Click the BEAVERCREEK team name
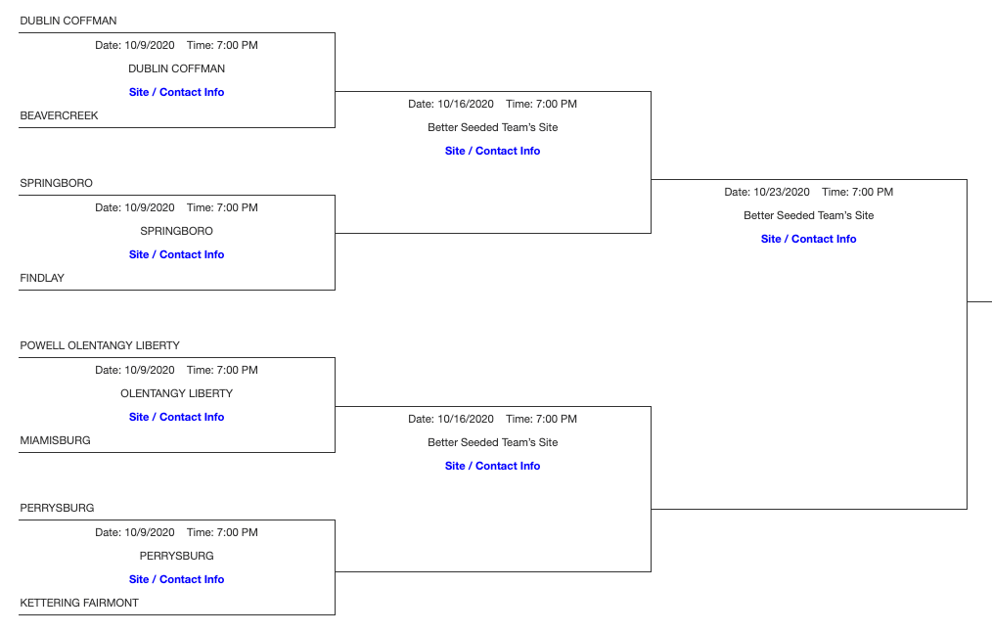pos(59,115)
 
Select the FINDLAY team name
pos(42,278)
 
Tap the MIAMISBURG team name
pos(55,440)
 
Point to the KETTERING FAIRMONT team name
pos(79,603)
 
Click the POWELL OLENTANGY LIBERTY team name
pos(100,345)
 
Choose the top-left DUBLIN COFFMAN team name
pos(68,21)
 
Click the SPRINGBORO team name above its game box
pos(56,183)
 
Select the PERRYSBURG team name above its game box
pos(57,508)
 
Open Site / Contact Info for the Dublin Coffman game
pos(176,92)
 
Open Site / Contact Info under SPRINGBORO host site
pos(176,254)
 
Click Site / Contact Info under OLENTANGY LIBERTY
pos(176,417)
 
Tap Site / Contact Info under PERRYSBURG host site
pos(176,579)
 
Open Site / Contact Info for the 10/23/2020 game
pos(808,239)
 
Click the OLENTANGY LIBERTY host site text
pos(176,393)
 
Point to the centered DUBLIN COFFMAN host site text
pos(176,68)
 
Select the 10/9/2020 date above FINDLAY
pos(149,207)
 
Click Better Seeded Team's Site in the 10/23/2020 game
pos(808,215)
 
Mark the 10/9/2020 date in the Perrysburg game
pos(149,532)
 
